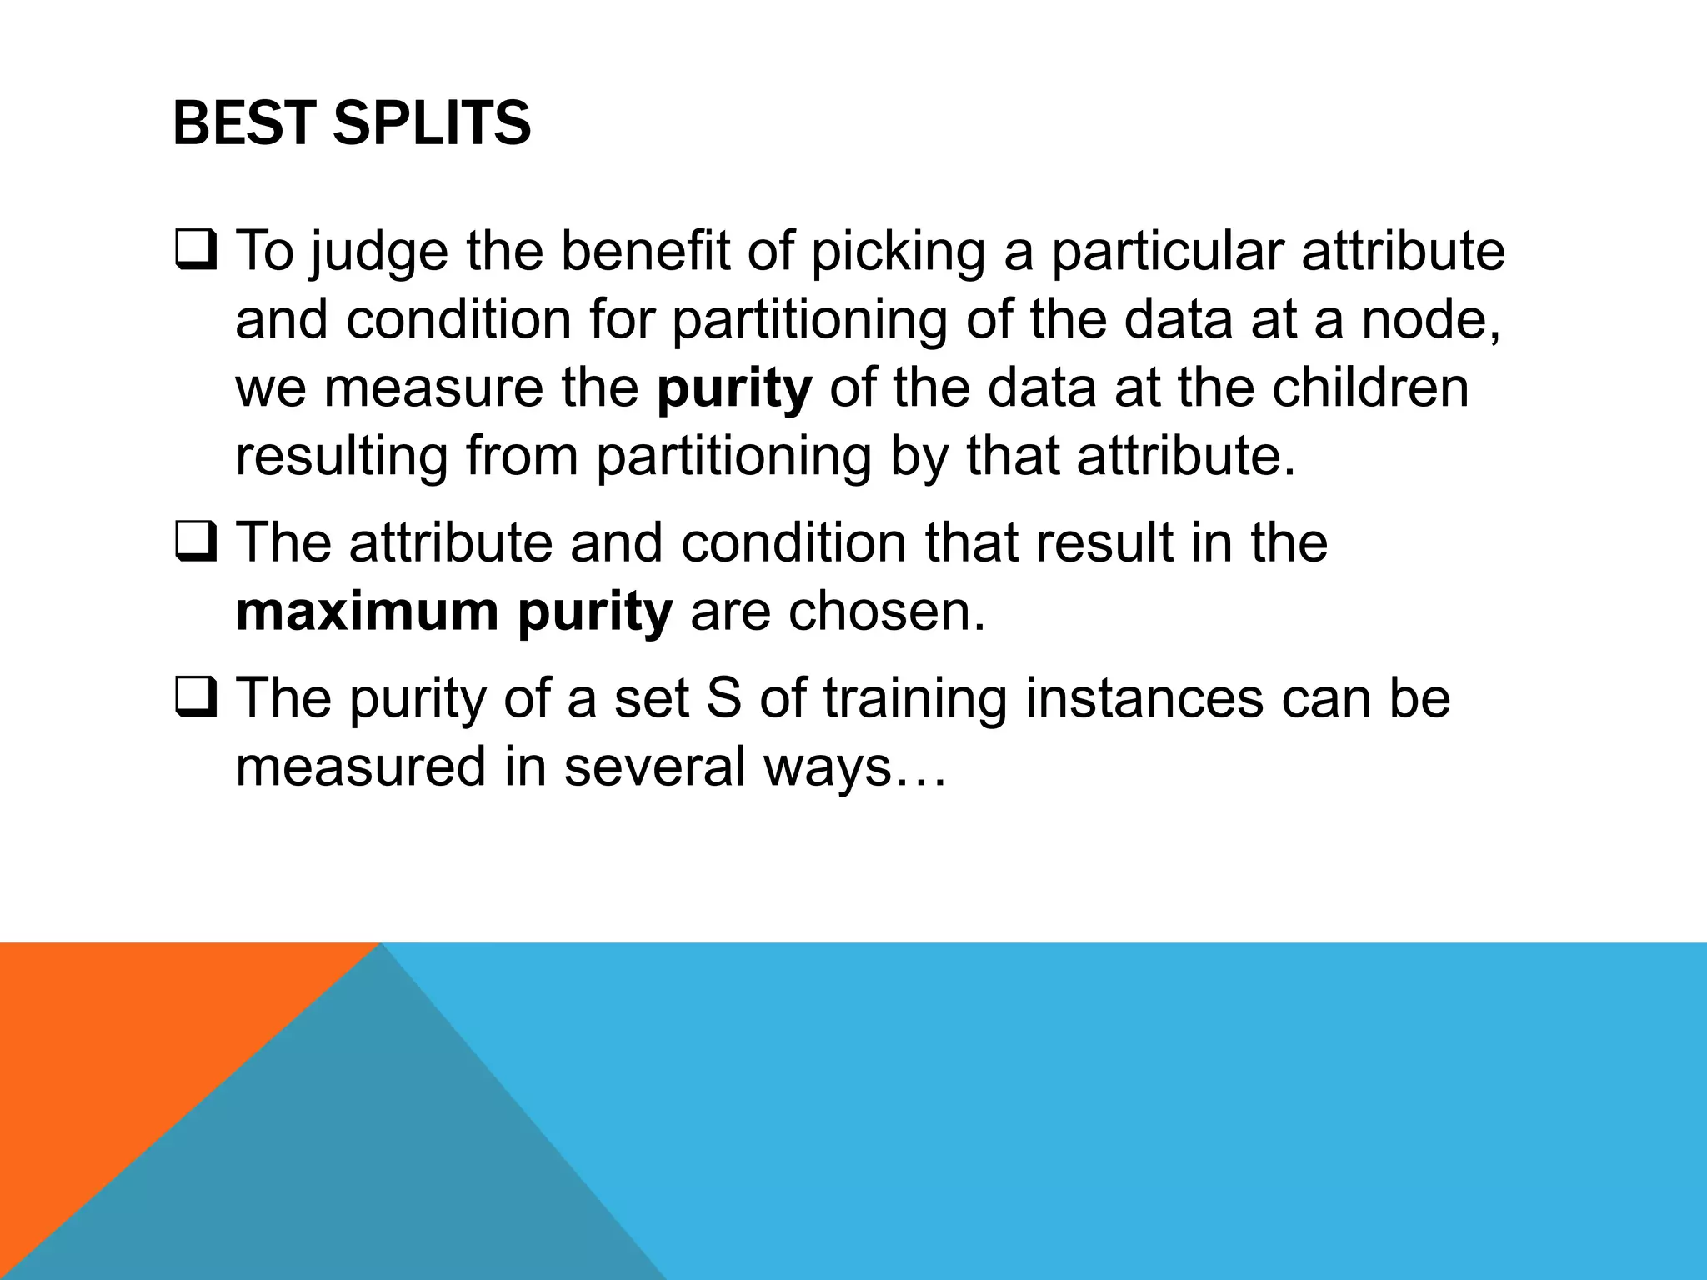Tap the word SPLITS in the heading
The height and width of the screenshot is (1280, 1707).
point(431,123)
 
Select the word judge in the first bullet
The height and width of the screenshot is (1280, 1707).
point(379,252)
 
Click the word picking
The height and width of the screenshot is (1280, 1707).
point(898,252)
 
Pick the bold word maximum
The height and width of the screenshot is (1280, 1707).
point(367,612)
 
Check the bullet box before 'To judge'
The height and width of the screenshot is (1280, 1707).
point(197,251)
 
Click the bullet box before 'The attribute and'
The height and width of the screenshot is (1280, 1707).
point(197,542)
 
